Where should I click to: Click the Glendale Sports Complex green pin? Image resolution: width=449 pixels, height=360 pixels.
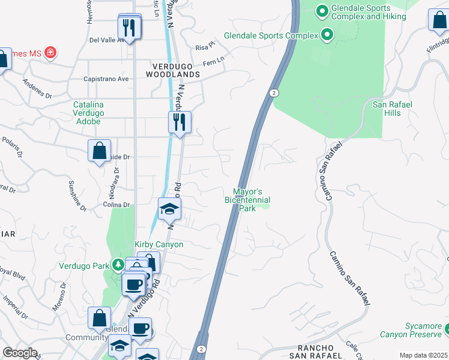327,35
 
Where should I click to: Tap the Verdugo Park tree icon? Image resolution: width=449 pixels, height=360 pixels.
119,265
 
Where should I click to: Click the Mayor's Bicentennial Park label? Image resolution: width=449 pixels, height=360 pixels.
247,199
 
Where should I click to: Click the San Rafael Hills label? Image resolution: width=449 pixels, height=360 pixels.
393,109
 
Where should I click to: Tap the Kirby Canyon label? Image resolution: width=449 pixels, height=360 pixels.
158,244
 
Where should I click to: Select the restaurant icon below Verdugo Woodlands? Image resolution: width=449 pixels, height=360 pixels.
179,122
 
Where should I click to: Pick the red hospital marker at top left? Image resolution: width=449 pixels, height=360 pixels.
50,52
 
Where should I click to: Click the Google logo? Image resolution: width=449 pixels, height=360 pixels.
20,353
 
